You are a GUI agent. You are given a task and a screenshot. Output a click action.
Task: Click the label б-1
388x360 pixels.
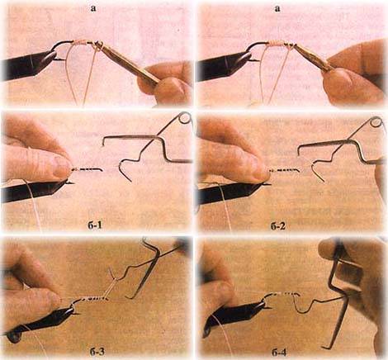[94, 226]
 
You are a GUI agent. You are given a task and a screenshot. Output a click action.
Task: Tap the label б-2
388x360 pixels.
[278, 226]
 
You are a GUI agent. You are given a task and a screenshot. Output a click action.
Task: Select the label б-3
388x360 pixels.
[97, 353]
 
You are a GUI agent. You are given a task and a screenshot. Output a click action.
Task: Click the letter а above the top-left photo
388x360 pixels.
[93, 8]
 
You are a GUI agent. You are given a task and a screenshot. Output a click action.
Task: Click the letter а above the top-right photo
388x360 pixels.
[277, 8]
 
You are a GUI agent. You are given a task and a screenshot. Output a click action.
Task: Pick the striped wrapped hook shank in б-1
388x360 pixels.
[87, 169]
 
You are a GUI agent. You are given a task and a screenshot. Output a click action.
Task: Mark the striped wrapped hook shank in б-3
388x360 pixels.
[93, 299]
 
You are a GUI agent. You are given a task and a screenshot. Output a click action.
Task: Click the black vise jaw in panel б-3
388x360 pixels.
[41, 322]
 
